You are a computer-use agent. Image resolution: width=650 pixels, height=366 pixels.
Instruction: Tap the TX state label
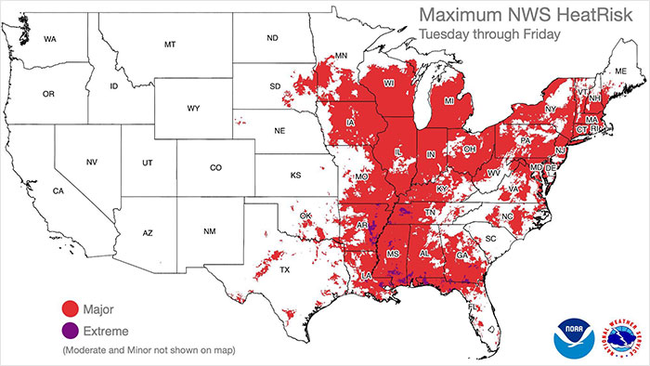pos(285,270)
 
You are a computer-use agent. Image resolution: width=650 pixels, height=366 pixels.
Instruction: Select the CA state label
pos(57,191)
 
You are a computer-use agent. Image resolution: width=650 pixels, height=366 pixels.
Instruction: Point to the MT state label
pos(169,45)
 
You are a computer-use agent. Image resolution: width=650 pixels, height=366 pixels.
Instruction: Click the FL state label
pos(475,306)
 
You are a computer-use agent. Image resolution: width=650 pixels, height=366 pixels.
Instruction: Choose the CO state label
pos(215,168)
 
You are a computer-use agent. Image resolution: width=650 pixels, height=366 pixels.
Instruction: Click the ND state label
pos(272,38)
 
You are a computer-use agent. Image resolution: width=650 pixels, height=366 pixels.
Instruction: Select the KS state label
pos(295,175)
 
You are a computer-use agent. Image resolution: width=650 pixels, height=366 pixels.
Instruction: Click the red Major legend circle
pos(68,308)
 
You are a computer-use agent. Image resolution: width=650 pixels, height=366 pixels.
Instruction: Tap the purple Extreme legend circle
pos(68,330)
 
